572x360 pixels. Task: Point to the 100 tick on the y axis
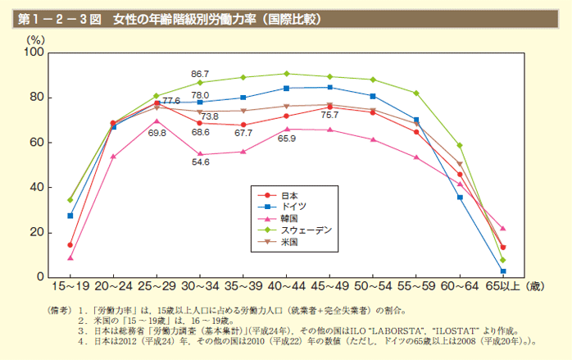(x=34, y=52)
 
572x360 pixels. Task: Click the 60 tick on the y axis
(x=37, y=143)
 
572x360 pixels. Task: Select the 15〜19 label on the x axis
(x=70, y=287)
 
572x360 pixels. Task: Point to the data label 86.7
(x=200, y=74)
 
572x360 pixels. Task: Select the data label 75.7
(x=329, y=116)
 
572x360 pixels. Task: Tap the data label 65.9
(x=287, y=139)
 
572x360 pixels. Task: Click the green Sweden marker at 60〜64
(x=460, y=145)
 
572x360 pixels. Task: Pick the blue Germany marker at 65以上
(x=502, y=271)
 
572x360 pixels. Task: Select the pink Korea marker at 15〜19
(x=70, y=258)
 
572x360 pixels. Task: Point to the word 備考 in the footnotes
(x=60, y=311)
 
